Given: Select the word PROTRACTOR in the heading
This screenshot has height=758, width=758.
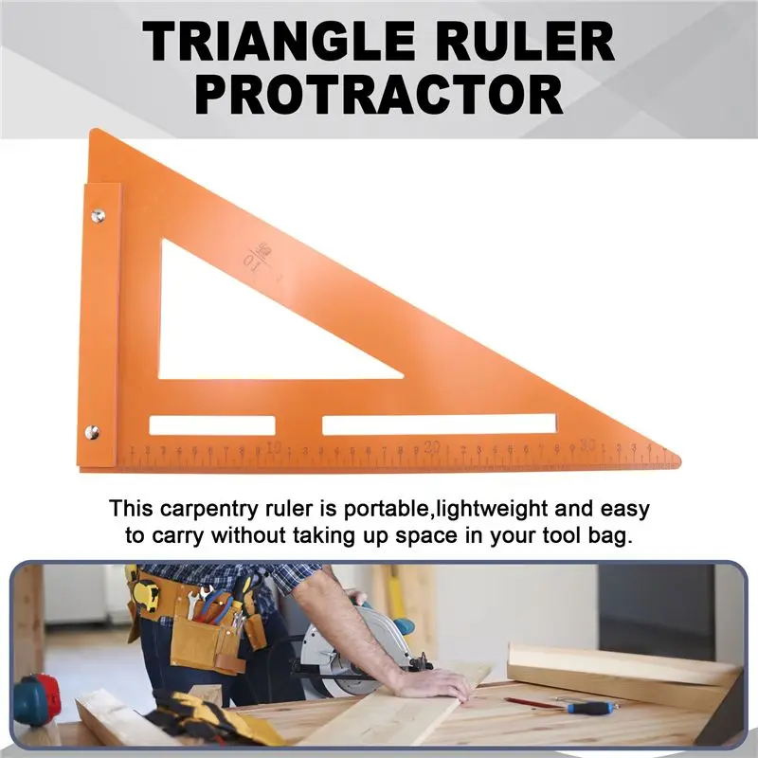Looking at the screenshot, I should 379,95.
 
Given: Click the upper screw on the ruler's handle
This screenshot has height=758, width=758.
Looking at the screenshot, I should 98,217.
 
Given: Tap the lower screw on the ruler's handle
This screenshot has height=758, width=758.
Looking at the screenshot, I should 92,432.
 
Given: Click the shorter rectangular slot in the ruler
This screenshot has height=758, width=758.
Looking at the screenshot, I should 212,425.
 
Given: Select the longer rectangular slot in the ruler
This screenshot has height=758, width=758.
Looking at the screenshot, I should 442,424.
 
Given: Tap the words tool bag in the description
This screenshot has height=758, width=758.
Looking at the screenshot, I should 591,535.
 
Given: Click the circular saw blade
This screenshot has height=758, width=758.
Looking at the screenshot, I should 351,644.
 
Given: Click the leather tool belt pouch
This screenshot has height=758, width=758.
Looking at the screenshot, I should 204,640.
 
